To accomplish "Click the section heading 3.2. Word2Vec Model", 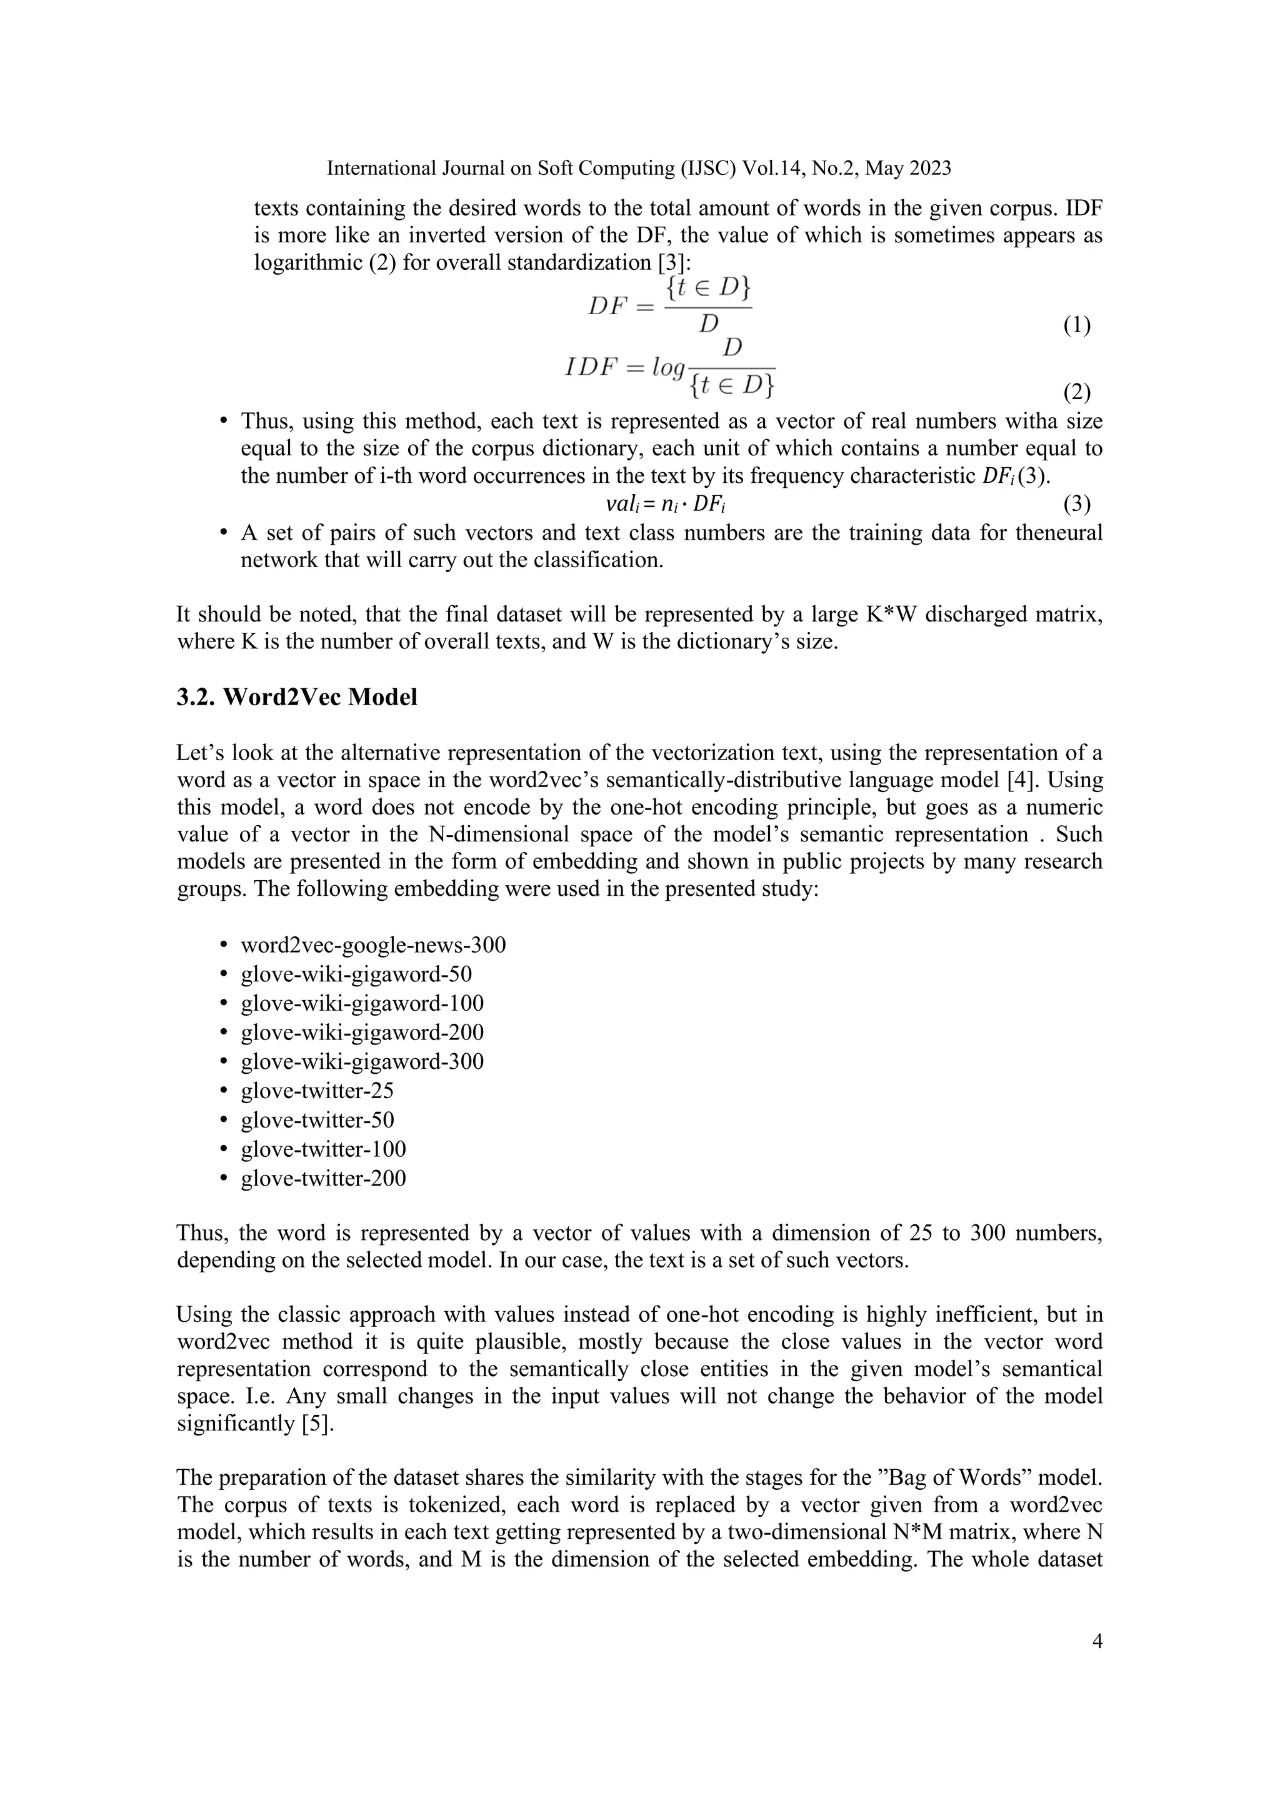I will click(x=296, y=697).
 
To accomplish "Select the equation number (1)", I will click(x=1077, y=325).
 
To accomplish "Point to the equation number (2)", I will click(x=1077, y=392).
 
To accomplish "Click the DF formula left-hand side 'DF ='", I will click(x=621, y=307).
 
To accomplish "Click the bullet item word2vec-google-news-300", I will click(x=372, y=944).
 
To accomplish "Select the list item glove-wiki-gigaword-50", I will click(x=356, y=974).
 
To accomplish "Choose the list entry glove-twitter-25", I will click(x=317, y=1091).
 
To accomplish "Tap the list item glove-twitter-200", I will click(x=323, y=1178).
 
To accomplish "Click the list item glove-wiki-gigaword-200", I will click(x=362, y=1032).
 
